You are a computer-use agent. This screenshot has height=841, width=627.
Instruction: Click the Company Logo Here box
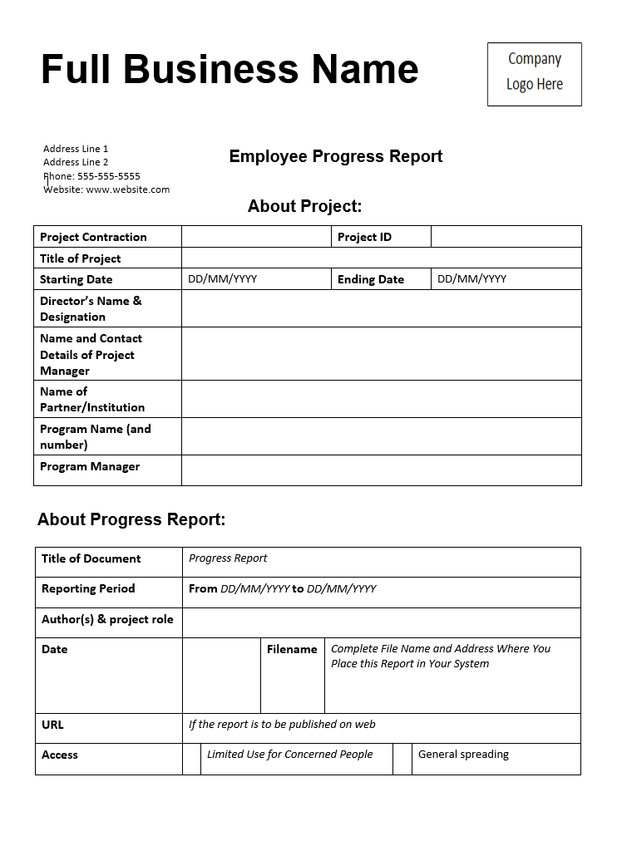click(534, 74)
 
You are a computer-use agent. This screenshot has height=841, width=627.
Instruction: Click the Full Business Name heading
click(230, 69)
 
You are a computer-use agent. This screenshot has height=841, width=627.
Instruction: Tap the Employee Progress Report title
click(336, 156)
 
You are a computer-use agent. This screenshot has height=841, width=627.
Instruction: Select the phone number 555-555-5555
click(109, 176)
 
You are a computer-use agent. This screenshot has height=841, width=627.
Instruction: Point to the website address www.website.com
click(128, 189)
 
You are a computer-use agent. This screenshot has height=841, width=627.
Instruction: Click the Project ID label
click(364, 237)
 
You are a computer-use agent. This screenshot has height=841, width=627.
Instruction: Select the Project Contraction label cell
click(93, 237)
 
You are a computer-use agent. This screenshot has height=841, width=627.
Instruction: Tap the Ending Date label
click(371, 279)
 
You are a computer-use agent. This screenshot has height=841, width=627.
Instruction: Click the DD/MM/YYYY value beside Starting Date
click(223, 279)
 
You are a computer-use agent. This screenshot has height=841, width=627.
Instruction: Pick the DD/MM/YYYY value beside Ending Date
click(472, 279)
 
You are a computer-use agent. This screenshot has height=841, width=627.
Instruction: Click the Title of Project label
click(81, 258)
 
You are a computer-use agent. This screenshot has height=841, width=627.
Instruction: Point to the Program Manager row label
click(90, 466)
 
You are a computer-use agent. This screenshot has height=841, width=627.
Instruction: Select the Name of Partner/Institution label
click(92, 399)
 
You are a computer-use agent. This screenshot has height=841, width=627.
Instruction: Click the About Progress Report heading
click(131, 519)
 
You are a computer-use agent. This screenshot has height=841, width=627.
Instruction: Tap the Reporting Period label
click(88, 588)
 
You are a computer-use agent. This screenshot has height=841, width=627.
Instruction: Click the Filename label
click(292, 649)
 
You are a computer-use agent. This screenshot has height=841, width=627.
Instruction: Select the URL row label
click(52, 725)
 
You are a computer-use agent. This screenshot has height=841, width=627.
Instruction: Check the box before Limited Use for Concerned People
click(192, 759)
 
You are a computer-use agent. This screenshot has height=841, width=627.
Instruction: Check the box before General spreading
click(402, 759)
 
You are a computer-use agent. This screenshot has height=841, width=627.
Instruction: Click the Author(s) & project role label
click(107, 619)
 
